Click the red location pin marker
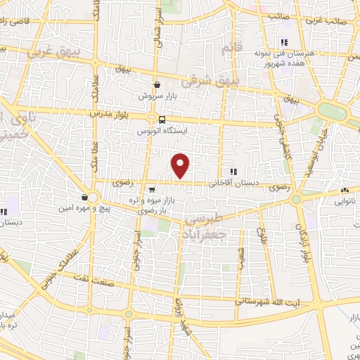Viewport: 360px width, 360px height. tap(181, 165)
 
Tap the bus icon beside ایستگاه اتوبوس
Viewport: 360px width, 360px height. tap(162, 120)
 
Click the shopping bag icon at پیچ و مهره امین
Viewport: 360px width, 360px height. tap(85, 197)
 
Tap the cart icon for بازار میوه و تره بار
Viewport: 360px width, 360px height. tap(152, 189)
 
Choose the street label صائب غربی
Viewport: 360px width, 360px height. tap(340, 22)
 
